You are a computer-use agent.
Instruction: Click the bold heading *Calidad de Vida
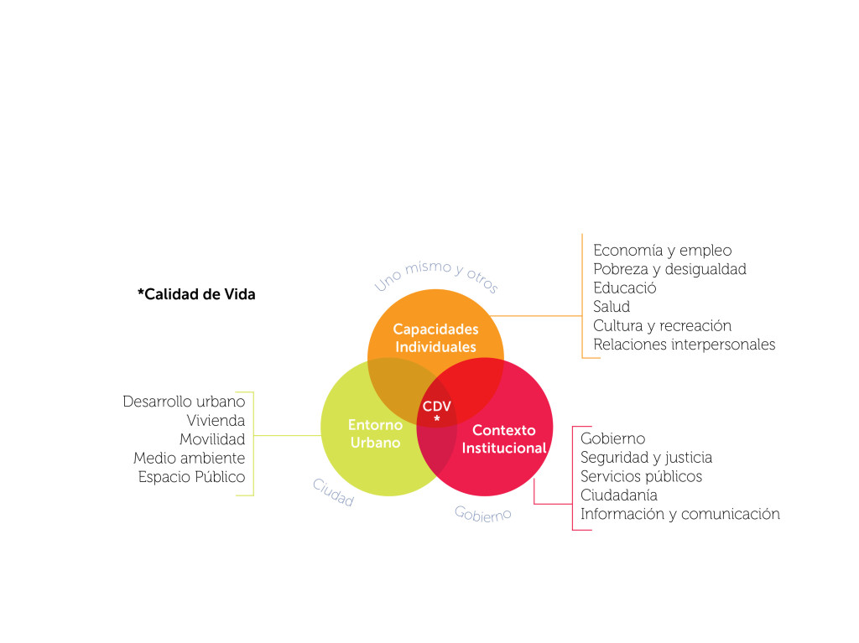pos(196,294)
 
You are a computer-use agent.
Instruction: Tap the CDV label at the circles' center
pos(436,407)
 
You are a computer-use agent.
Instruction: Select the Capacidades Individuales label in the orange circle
pos(435,338)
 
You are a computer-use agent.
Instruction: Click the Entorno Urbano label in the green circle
pos(375,433)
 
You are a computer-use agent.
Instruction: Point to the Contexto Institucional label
pos(504,438)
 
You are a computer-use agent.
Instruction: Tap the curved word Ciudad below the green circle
pos(333,492)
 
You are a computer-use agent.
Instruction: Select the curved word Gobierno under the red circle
pos(482,514)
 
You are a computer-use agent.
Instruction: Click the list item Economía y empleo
pos(663,251)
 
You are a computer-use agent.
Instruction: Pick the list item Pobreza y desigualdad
pos(669,269)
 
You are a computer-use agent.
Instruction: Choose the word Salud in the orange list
pos(612,306)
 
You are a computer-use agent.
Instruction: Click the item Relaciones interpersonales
pos(685,345)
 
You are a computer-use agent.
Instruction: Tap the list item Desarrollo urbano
pos(184,402)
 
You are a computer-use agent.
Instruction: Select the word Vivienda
pos(216,421)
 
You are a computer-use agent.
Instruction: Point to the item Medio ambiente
pos(189,458)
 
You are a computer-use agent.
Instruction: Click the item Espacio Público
pos(192,477)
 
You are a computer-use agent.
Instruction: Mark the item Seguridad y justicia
pos(647,458)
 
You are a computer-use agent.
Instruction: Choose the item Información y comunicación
pos(679,514)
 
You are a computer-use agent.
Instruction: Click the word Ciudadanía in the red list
pos(619,495)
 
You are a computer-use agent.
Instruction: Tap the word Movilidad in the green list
pos(212,439)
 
